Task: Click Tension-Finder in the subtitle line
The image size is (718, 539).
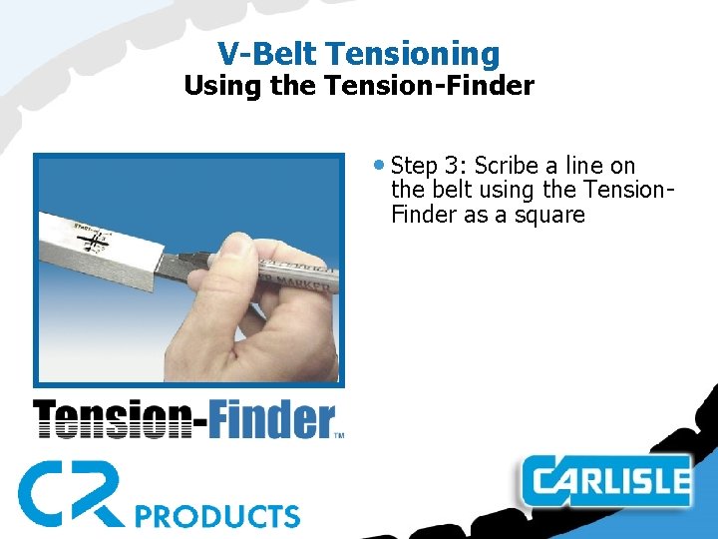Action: (430, 86)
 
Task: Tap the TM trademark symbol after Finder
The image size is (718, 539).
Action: (338, 435)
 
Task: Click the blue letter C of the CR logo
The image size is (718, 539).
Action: (45, 493)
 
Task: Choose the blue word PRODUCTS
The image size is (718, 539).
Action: (217, 515)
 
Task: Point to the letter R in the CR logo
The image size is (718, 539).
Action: (99, 493)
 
